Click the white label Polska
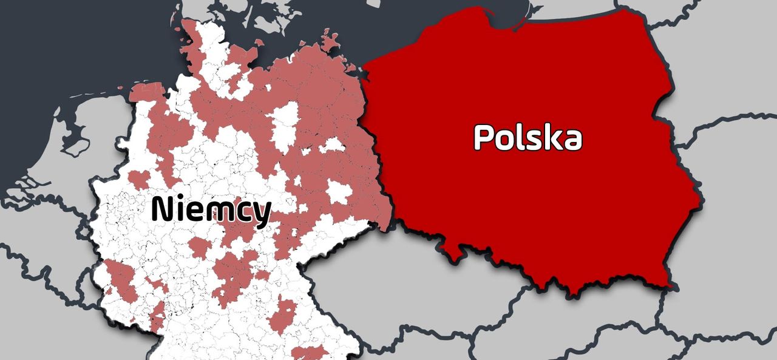click(528, 137)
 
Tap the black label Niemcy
click(211, 209)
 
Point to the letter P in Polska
click(484, 137)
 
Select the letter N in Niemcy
click(162, 209)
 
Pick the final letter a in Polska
click(571, 140)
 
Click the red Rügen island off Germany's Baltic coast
click(331, 42)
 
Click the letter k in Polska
click(549, 137)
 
